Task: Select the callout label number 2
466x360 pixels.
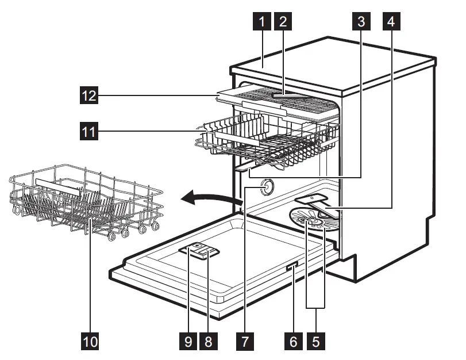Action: [283, 22]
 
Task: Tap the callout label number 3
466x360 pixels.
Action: [361, 22]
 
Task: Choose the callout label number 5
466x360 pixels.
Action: [315, 342]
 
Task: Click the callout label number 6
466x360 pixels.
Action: [293, 342]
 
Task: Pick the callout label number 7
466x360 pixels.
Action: [245, 342]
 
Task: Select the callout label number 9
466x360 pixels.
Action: [187, 342]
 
